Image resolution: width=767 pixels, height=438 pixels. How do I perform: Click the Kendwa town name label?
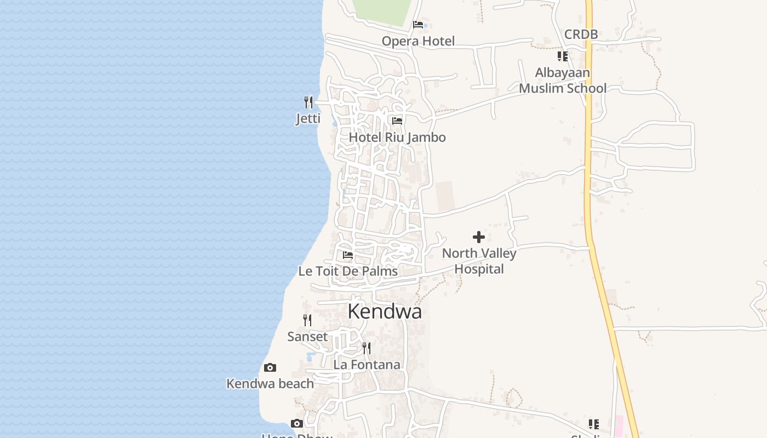coord(385,312)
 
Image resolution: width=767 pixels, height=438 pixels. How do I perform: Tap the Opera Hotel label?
coord(418,41)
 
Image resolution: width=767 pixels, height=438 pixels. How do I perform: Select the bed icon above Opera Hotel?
coord(418,25)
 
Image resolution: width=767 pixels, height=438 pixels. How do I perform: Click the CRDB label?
coord(581,34)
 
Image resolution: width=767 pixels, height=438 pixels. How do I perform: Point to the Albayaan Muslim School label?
coord(563,80)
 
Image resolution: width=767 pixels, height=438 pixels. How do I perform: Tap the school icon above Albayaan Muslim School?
coord(563,56)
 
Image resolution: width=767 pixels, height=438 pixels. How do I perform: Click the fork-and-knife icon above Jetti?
coord(308,102)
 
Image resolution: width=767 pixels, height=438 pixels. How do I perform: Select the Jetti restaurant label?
coord(308,118)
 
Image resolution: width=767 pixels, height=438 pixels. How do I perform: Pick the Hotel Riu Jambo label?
coord(397,137)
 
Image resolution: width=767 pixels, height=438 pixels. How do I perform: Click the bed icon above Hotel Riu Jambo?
coord(397,120)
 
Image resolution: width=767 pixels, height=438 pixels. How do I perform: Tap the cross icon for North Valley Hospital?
coord(479,237)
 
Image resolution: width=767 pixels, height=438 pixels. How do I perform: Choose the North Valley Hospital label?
coord(479,261)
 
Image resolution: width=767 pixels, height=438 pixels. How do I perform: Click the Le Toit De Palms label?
coord(348,271)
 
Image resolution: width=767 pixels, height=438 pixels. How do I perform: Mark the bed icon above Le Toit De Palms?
coord(348,255)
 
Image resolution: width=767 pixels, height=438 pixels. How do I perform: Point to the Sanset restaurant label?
coord(307,337)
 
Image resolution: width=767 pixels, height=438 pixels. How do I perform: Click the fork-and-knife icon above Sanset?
coord(307,320)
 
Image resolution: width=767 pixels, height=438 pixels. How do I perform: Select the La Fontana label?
coord(367,365)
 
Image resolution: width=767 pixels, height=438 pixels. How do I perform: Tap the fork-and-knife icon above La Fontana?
coord(367,348)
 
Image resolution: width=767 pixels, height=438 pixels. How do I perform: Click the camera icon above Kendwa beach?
coord(270,367)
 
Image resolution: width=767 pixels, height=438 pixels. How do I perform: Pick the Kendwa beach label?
coord(270,384)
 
